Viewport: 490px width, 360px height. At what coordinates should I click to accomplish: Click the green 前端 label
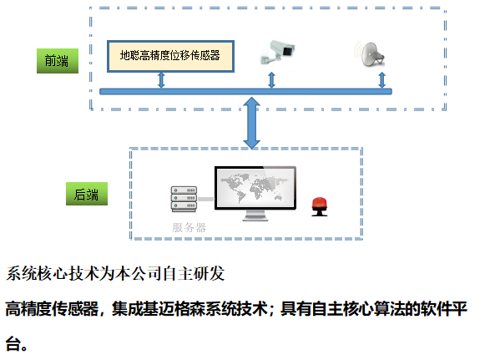click(x=58, y=61)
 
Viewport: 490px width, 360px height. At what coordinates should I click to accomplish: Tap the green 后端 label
click(x=87, y=194)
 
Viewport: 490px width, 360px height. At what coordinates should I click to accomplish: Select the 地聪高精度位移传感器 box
click(x=170, y=56)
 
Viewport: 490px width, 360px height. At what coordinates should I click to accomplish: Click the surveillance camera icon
click(x=277, y=53)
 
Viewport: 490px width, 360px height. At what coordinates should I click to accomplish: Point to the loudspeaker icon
click(x=370, y=54)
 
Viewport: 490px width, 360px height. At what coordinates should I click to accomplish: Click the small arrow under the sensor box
click(x=161, y=80)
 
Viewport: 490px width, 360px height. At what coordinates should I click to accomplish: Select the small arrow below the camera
click(x=271, y=80)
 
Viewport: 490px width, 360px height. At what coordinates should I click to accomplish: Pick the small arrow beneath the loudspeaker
click(x=381, y=80)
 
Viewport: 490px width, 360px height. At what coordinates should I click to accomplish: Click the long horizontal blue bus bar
click(x=245, y=92)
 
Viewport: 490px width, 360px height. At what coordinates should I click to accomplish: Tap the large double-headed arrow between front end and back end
click(x=251, y=123)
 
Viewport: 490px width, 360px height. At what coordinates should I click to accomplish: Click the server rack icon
click(x=184, y=199)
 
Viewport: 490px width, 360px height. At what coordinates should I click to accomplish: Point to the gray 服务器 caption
click(x=189, y=227)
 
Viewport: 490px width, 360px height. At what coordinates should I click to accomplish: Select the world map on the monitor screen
click(x=255, y=188)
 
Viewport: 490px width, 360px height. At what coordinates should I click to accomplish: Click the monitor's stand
click(x=255, y=215)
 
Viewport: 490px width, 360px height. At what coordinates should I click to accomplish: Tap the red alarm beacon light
click(x=320, y=206)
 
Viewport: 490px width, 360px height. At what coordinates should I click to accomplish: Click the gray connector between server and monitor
click(x=206, y=200)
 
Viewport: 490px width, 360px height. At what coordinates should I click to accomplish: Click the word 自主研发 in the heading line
click(x=194, y=274)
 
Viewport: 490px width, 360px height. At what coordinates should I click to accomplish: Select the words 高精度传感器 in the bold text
click(x=52, y=309)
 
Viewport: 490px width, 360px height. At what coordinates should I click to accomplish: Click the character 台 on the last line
click(x=13, y=343)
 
